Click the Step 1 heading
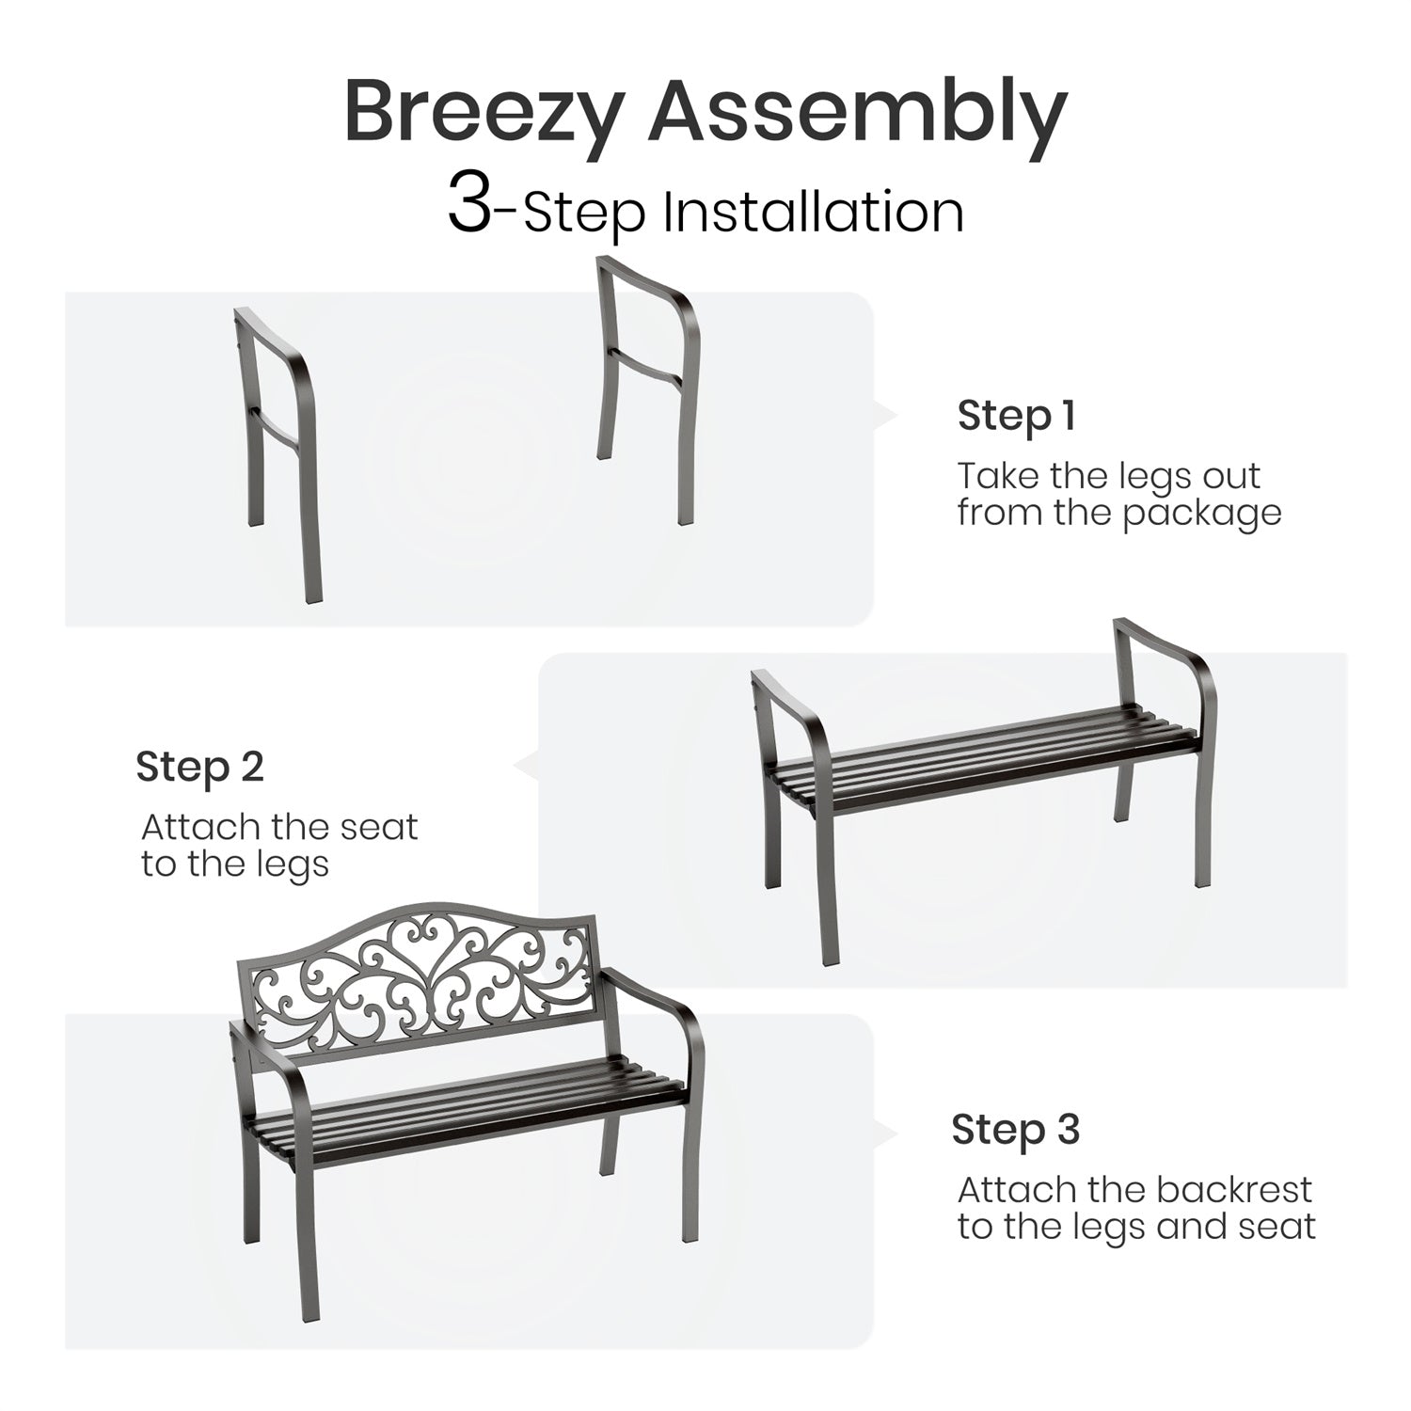tap(1016, 415)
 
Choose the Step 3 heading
tap(1016, 1129)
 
